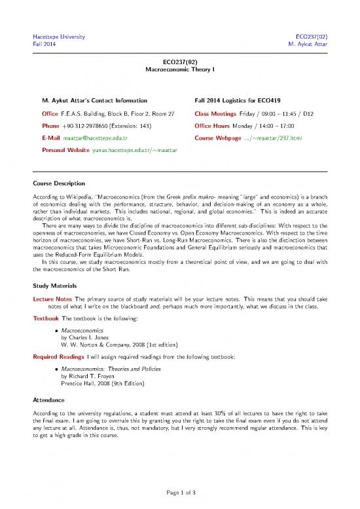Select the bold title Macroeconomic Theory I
click(179, 69)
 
